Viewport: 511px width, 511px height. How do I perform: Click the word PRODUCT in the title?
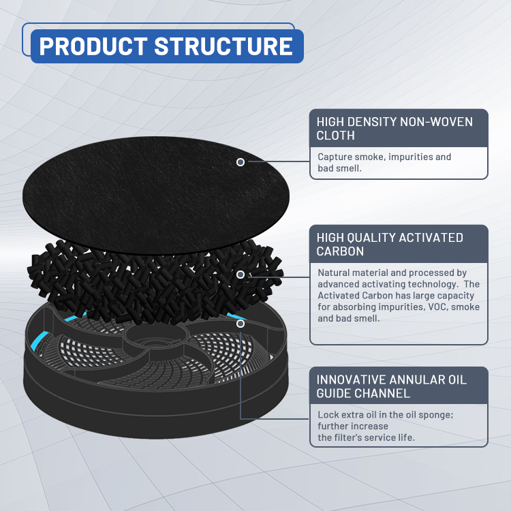[93, 46]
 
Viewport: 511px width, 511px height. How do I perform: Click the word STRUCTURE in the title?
[223, 46]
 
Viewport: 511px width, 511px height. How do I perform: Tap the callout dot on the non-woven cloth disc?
[241, 162]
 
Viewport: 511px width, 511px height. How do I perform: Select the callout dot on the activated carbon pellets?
[241, 275]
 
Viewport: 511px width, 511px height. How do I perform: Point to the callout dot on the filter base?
[241, 324]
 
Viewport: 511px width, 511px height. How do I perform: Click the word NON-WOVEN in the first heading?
[436, 122]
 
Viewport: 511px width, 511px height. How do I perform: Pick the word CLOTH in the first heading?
[335, 136]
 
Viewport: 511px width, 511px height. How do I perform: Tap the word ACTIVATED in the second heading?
[431, 238]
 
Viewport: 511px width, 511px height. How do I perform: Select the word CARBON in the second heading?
[340, 251]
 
